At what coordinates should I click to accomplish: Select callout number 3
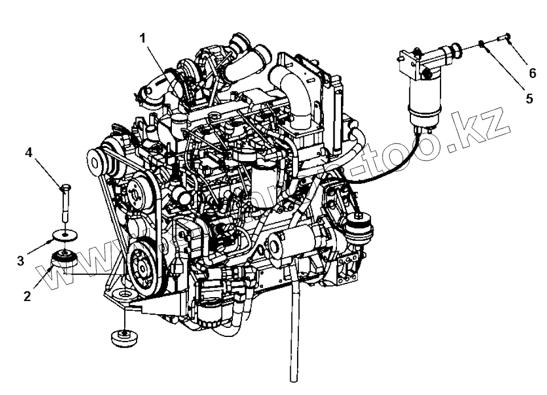pos(21,261)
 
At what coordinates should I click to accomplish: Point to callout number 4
pos(28,153)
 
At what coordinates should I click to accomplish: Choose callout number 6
pos(532,72)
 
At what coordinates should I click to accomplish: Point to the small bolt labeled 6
pos(503,38)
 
